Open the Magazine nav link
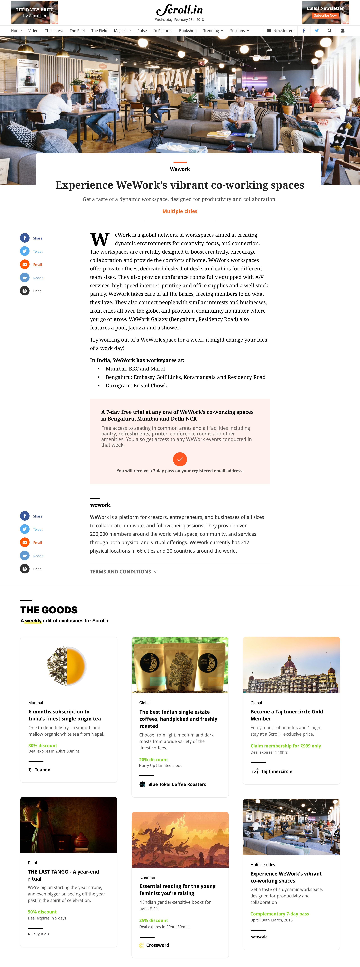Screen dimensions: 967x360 [122, 31]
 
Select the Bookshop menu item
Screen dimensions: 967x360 [188, 31]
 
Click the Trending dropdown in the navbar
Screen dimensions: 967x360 [213, 31]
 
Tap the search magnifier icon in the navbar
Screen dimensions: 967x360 [329, 31]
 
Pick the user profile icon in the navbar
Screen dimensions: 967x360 [342, 31]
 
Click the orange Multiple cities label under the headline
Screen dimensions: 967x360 [180, 211]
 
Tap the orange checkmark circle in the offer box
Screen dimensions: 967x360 [180, 459]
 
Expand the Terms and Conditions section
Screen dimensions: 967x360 [123, 572]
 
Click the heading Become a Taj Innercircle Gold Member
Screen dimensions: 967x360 [286, 715]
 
